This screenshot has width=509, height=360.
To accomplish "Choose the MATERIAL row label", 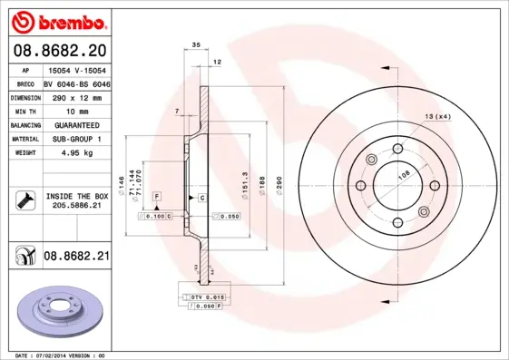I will coord(24,139).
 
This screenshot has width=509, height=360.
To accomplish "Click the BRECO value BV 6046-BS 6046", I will coord(76,82).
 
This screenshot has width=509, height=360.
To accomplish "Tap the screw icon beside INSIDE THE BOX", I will coord(24,200).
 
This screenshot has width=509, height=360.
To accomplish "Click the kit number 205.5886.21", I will coord(76,207).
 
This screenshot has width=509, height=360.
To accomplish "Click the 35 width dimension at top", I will coord(196,45).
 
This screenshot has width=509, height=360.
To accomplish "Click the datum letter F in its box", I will coord(156,197).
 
